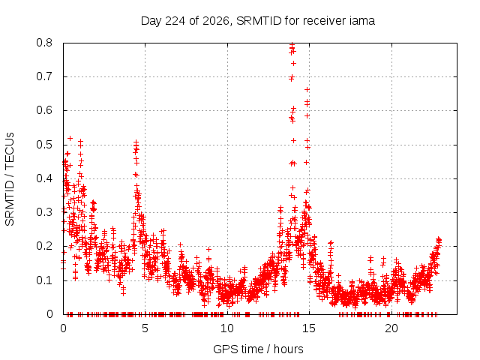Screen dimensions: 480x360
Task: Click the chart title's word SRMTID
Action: [259, 21]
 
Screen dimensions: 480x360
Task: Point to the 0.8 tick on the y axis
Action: [44, 43]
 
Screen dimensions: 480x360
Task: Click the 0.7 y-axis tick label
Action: [44, 76]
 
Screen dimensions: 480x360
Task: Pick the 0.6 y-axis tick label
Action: [44, 110]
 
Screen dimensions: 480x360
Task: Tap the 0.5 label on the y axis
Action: [44, 145]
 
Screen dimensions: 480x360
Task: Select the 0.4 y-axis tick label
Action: [44, 178]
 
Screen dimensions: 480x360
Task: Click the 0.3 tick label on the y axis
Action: [44, 212]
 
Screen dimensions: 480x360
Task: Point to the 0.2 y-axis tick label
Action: [44, 246]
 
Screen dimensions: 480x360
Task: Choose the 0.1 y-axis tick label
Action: [44, 280]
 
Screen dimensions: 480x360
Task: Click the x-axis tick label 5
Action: [145, 328]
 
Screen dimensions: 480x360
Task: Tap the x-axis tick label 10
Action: [227, 328]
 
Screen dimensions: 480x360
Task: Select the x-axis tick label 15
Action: [309, 328]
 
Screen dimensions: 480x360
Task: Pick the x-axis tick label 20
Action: [391, 328]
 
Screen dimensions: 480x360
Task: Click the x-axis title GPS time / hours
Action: [258, 349]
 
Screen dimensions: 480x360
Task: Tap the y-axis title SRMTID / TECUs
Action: [10, 179]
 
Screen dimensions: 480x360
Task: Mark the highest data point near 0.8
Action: [292, 45]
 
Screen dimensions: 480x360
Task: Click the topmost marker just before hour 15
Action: [307, 90]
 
